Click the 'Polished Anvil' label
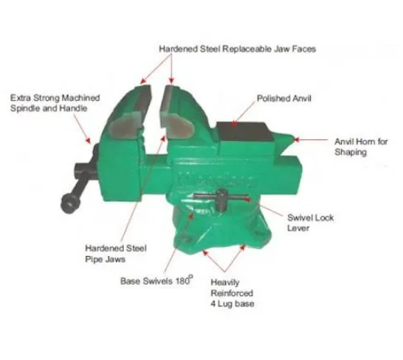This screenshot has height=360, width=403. pyautogui.click(x=284, y=98)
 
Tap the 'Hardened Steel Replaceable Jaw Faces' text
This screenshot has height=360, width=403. pyautogui.click(x=237, y=49)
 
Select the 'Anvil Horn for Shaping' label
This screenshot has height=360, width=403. pyautogui.click(x=361, y=147)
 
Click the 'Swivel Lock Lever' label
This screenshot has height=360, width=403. pyautogui.click(x=310, y=223)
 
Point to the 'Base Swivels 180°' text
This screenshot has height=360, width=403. pyautogui.click(x=156, y=280)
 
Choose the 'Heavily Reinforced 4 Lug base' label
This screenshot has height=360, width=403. pyautogui.click(x=232, y=293)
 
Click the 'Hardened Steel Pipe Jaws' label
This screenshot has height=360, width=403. pyautogui.click(x=116, y=253)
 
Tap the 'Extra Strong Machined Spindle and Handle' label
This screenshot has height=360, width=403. pyautogui.click(x=55, y=103)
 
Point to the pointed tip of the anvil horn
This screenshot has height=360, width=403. pyautogui.click(x=294, y=139)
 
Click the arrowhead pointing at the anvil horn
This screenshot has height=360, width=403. pyautogui.click(x=297, y=139)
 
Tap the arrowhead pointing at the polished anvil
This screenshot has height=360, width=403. pyautogui.click(x=234, y=124)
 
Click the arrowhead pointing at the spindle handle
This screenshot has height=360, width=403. pyautogui.click(x=88, y=140)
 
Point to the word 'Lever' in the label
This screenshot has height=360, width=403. pyautogui.click(x=298, y=228)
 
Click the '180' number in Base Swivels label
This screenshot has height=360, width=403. pyautogui.click(x=183, y=280)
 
